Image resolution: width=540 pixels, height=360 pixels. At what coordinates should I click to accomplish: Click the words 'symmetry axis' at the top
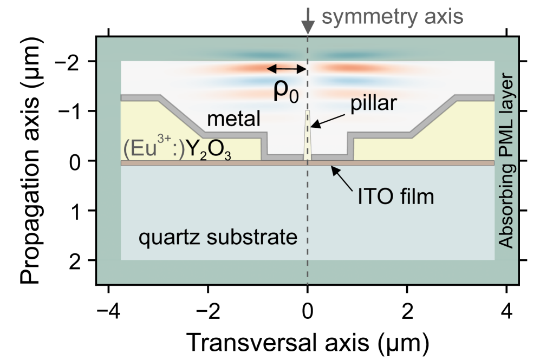393,17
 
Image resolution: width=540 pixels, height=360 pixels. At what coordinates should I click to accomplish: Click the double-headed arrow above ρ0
287,68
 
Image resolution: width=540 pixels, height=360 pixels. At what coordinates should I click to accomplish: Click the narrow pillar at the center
308,135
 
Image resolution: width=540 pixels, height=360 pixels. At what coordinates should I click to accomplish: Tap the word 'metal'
233,118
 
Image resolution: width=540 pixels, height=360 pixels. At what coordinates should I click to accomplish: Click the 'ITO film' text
395,196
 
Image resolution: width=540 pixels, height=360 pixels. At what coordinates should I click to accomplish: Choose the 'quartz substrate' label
218,237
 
